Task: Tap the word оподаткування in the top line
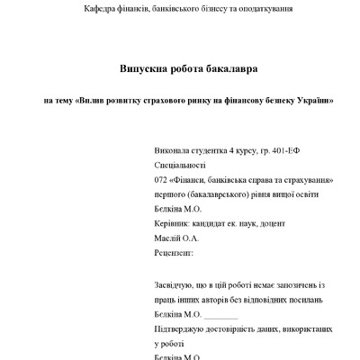(x=263, y=9)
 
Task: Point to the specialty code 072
(x=162, y=181)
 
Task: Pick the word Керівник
(x=175, y=224)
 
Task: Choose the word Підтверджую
(x=184, y=330)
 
